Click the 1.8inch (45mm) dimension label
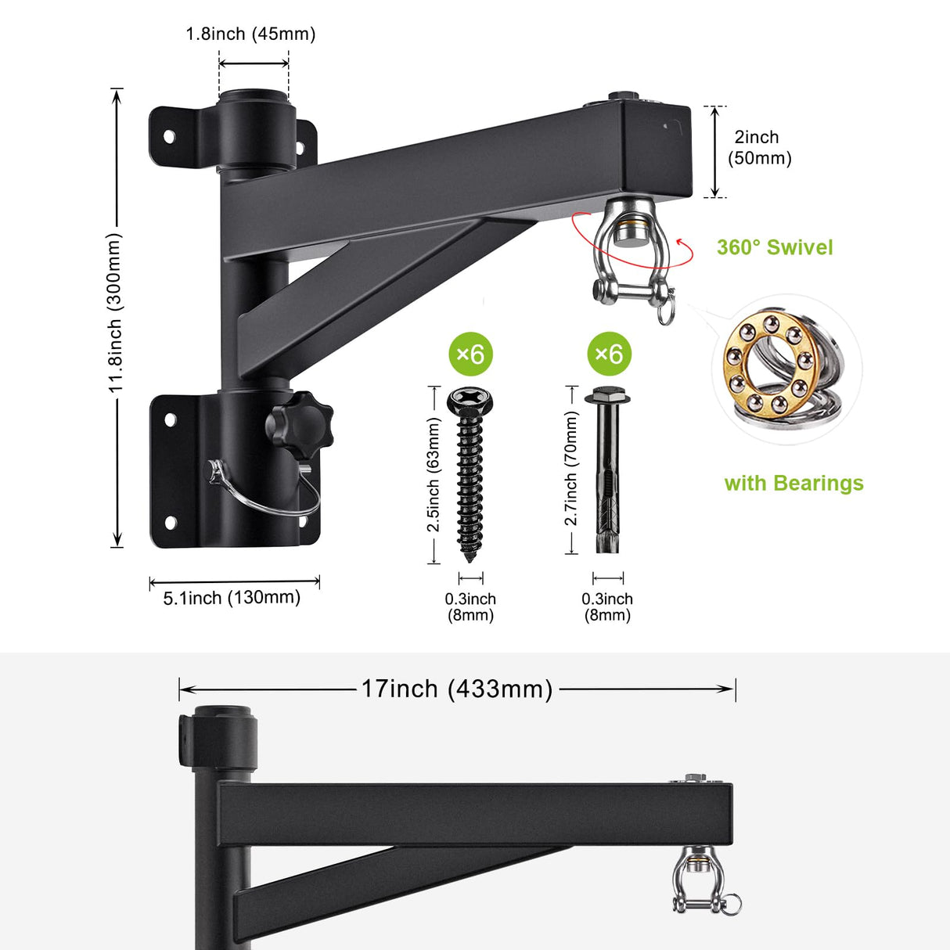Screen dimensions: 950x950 [x=250, y=34]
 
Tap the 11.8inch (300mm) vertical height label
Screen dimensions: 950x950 [x=116, y=313]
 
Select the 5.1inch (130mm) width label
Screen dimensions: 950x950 [x=232, y=598]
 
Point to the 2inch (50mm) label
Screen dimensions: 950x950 [x=759, y=147]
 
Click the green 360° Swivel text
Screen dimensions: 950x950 [x=774, y=247]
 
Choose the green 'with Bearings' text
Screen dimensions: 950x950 [x=793, y=483]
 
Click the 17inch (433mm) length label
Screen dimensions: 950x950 [x=456, y=689]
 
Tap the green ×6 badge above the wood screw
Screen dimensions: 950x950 [x=471, y=354]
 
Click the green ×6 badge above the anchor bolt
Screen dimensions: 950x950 [x=609, y=354]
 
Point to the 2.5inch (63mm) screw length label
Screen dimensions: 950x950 [x=434, y=474]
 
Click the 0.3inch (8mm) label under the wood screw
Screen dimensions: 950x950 [x=470, y=606]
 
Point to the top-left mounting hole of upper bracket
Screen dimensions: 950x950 [x=168, y=137]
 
